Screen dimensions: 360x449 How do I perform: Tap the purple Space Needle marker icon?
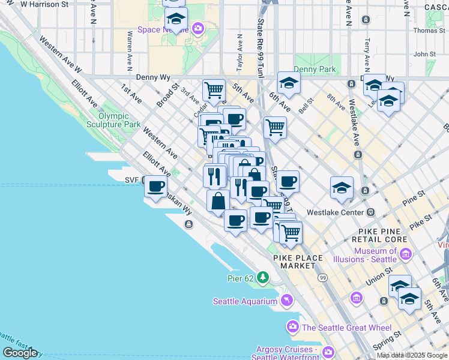coord(198,28)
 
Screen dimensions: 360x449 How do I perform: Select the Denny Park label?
coord(315,70)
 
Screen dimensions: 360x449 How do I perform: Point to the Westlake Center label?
coord(335,212)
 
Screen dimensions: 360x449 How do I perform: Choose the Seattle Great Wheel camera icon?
coord(293,327)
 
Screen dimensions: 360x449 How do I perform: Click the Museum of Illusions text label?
coord(375,255)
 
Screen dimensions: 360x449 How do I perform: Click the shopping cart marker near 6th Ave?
coord(275,127)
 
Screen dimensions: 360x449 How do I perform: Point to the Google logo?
coord(20,352)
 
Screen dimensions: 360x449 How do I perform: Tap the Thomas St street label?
coord(429,30)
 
